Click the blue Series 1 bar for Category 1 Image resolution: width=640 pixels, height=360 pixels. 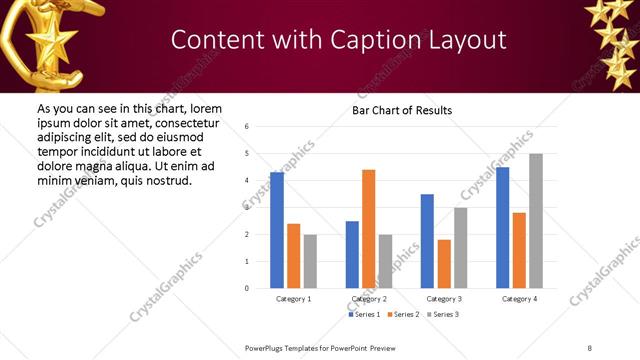(x=277, y=230)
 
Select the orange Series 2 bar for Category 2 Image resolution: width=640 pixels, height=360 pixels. (x=368, y=229)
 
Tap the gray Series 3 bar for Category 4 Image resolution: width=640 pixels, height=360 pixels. (x=536, y=221)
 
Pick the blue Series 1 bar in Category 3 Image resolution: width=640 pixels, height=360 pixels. (x=427, y=241)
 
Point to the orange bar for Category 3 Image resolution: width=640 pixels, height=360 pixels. (x=444, y=264)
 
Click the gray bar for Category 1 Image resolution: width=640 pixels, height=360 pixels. (x=310, y=261)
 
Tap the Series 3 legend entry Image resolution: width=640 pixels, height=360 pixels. (x=442, y=314)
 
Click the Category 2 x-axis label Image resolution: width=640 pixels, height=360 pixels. (x=369, y=299)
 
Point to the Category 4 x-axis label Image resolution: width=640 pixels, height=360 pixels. (x=519, y=299)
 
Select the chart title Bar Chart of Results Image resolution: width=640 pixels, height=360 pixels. (x=402, y=110)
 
